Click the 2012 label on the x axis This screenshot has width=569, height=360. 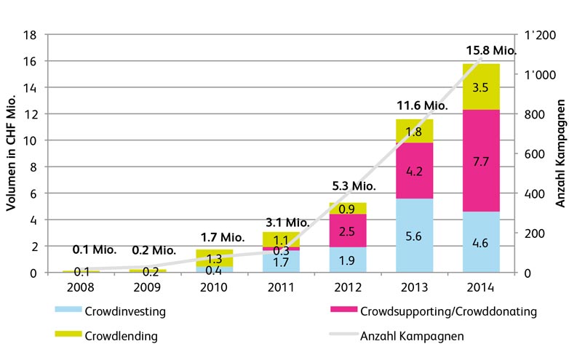(349, 287)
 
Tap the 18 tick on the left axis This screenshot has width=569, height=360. (30, 34)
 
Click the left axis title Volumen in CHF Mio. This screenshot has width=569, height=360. (12, 153)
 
